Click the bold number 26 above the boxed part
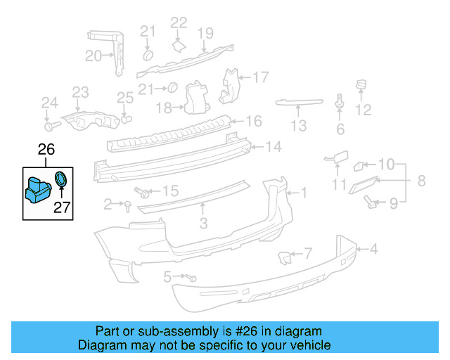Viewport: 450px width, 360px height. (x=46, y=150)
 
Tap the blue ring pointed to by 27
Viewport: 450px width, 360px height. (x=62, y=179)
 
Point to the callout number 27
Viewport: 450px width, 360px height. (x=63, y=207)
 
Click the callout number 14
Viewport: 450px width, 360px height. (x=273, y=147)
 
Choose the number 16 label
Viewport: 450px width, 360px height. (x=253, y=122)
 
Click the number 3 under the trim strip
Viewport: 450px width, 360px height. (x=203, y=224)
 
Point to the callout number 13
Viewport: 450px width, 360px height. (x=299, y=126)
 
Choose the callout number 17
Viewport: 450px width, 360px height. (x=261, y=77)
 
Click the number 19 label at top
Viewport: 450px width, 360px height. (x=205, y=33)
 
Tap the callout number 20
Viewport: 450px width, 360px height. (x=94, y=56)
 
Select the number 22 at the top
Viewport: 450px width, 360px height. (x=179, y=23)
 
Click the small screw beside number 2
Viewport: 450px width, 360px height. (x=129, y=205)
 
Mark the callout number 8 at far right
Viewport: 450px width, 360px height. (x=421, y=181)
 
